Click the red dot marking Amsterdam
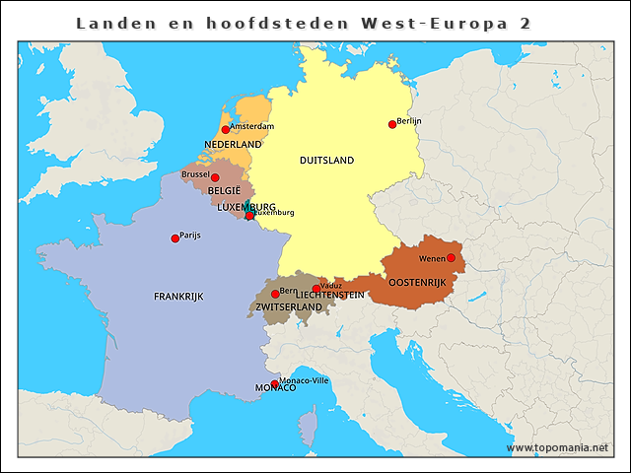pyautogui.click(x=226, y=129)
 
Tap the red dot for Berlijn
pyautogui.click(x=392, y=124)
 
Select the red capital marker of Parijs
pyautogui.click(x=175, y=237)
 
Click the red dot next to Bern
pyautogui.click(x=275, y=294)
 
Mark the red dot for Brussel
pyautogui.click(x=215, y=177)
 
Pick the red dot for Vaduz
pyautogui.click(x=315, y=289)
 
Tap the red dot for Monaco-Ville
pyautogui.click(x=275, y=384)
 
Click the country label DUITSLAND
pyautogui.click(x=326, y=160)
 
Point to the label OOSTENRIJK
pyautogui.click(x=417, y=282)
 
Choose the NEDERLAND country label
pyautogui.click(x=233, y=145)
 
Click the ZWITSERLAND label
pyautogui.click(x=289, y=307)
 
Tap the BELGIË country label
pyautogui.click(x=224, y=191)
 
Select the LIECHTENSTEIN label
pyautogui.click(x=329, y=296)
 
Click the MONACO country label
pyautogui.click(x=275, y=388)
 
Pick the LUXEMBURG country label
pyautogui.click(x=246, y=207)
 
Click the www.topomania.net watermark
pyautogui.click(x=557, y=447)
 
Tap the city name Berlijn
pyautogui.click(x=409, y=120)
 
